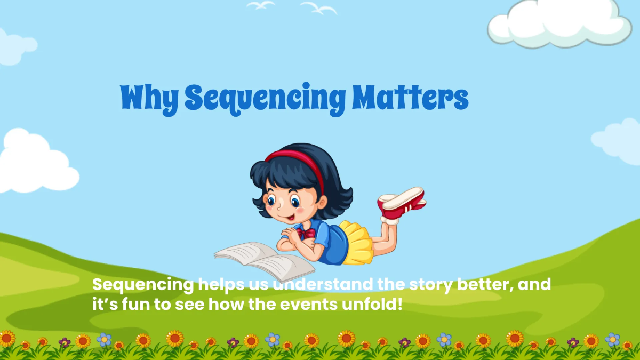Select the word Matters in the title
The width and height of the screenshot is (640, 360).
[x=409, y=98]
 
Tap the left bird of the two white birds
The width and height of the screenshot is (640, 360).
[x=260, y=5]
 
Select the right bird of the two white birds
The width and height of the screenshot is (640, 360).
[x=318, y=7]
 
